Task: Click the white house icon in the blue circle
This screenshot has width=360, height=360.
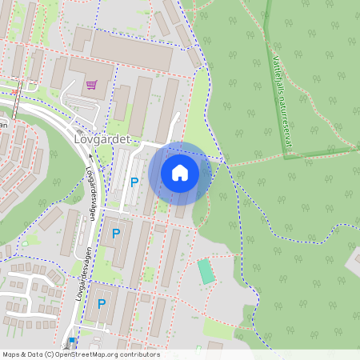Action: tap(180, 172)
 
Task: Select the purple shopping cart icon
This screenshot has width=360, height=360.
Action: tap(92, 84)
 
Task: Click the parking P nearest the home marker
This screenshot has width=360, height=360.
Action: tap(134, 182)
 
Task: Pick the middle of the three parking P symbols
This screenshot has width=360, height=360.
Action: tap(116, 233)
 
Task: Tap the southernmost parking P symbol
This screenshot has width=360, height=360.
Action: tap(102, 303)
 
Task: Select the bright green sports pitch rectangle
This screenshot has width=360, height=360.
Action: tap(206, 270)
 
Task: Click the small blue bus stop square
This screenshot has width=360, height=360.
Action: tap(72, 341)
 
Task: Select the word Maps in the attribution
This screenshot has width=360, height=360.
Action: tap(11, 354)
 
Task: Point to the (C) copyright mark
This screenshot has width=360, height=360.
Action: tap(49, 354)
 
